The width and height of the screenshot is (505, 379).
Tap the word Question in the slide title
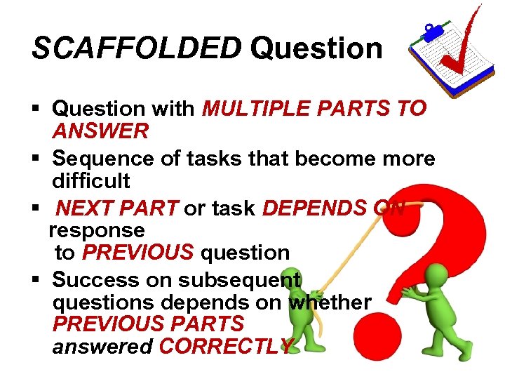(x=316, y=48)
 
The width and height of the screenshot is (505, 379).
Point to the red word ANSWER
(x=100, y=131)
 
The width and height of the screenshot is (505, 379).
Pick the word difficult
(x=91, y=181)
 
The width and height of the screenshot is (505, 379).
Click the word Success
(x=95, y=280)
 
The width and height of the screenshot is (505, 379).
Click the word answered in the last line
(x=103, y=347)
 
